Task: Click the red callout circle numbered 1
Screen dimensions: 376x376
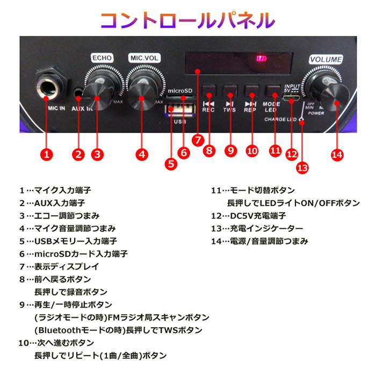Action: pyautogui.click(x=47, y=154)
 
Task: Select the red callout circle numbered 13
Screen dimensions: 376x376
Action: pyautogui.click(x=302, y=168)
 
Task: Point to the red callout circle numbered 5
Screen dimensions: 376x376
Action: pyautogui.click(x=171, y=164)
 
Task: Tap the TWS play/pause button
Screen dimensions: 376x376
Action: pyautogui.click(x=229, y=90)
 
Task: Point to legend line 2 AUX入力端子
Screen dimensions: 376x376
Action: pyautogui.click(x=52, y=203)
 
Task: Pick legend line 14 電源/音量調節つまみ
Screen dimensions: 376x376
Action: pyautogui.click(x=260, y=241)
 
